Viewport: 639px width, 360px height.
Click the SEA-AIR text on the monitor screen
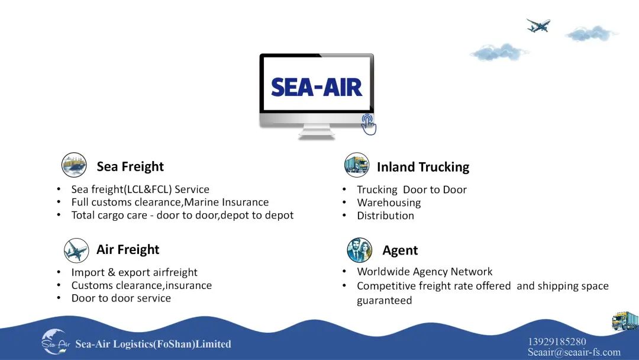tap(316, 87)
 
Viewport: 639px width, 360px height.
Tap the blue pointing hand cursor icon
tap(369, 124)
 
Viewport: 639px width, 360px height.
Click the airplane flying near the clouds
tap(538, 25)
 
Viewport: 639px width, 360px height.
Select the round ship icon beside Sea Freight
tap(74, 165)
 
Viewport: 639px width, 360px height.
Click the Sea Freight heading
tap(130, 166)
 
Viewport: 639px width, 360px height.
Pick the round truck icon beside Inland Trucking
tap(357, 165)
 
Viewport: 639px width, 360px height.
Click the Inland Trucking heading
tap(423, 167)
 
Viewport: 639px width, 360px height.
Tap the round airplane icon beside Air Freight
tap(76, 250)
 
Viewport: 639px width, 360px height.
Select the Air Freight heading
tap(128, 249)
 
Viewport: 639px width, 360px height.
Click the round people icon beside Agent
tap(360, 250)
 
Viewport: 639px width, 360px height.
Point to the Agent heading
tap(400, 250)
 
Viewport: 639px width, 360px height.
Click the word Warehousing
tap(389, 202)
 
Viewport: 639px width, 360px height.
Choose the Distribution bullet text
tap(386, 216)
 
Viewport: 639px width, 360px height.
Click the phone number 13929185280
tap(557, 342)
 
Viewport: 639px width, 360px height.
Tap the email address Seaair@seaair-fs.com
tap(574, 352)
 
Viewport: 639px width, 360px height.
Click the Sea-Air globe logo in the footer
tap(56, 342)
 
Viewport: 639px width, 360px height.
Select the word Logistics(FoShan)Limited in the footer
tap(172, 344)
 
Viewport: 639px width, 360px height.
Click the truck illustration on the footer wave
tap(625, 321)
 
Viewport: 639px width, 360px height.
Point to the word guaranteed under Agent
tap(385, 300)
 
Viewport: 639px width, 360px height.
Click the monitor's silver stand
tap(317, 131)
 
